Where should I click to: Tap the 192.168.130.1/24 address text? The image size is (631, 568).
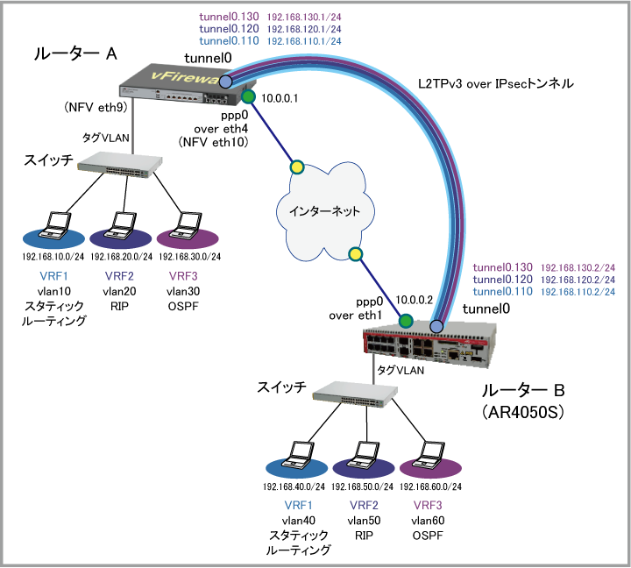(302, 18)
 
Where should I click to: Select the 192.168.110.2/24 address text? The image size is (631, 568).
(578, 291)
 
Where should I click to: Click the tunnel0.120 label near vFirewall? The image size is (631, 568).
(229, 29)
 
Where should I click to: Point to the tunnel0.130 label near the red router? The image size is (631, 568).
(503, 267)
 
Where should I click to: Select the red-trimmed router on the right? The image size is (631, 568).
(429, 345)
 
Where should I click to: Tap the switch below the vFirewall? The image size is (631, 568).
(121, 164)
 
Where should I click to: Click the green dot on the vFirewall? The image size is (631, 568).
(248, 96)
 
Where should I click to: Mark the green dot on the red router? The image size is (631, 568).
(405, 321)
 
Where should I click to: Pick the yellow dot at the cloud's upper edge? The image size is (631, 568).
(296, 167)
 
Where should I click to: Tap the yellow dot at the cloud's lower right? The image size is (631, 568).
(355, 254)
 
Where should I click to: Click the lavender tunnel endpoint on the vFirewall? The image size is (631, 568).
(225, 82)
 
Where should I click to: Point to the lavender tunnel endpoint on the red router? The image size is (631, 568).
(436, 327)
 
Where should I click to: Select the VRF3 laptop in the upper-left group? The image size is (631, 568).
(187, 226)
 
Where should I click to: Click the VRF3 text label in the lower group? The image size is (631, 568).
(428, 506)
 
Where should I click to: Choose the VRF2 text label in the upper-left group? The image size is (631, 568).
(119, 276)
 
